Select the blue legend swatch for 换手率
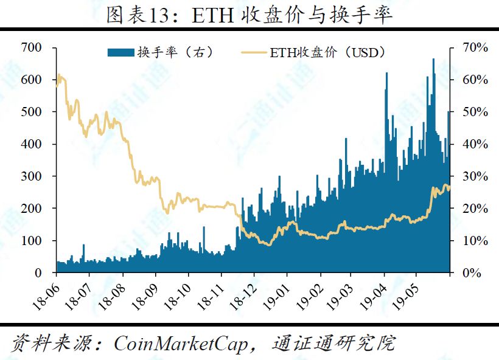(120, 53)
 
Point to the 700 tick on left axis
(31, 47)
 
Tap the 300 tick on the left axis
(31, 176)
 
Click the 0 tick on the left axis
(38, 273)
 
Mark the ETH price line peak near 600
(59, 75)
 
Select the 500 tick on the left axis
(31, 112)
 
